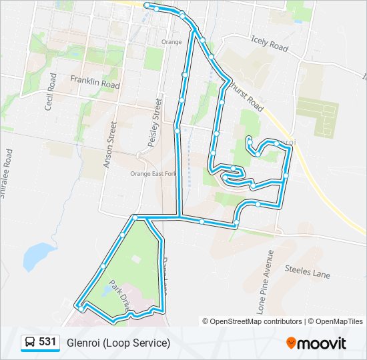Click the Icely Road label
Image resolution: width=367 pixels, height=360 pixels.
[270, 44]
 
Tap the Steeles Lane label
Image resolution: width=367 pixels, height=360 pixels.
[307, 270]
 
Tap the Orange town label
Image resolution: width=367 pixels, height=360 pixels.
[171, 42]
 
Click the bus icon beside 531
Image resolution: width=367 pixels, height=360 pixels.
[30, 343]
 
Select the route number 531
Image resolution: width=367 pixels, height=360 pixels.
[47, 342]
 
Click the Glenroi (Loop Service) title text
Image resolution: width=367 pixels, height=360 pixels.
[118, 343]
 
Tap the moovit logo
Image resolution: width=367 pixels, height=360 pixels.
[317, 343]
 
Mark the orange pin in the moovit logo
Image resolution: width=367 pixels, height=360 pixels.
[291, 343]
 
